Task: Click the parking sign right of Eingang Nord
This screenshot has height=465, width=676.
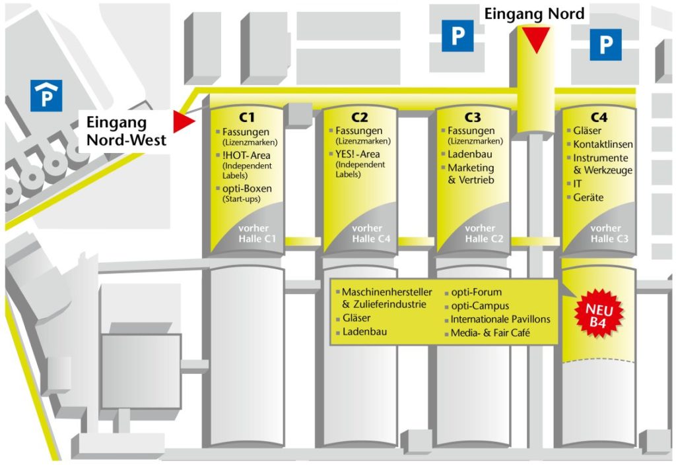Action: point(605,45)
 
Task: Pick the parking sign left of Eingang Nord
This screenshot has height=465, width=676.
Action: point(457,36)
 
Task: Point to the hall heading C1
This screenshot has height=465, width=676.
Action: point(247,117)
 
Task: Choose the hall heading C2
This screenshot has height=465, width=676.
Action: point(360,117)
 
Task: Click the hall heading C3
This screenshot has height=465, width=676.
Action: point(473,117)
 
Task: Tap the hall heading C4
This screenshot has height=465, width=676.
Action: point(599,117)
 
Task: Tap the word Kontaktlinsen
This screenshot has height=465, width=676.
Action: point(603,144)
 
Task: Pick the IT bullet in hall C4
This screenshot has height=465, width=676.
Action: point(577,184)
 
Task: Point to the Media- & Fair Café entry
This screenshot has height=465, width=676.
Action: point(490,333)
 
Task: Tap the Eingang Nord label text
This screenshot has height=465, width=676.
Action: point(535,14)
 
